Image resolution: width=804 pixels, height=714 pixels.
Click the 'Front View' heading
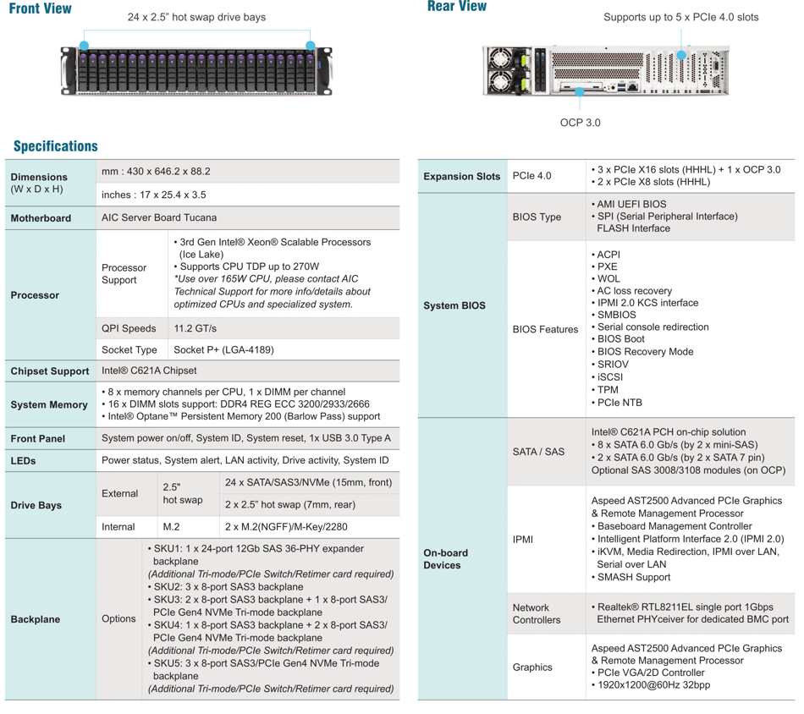(40, 8)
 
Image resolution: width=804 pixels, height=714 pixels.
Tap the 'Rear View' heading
(457, 7)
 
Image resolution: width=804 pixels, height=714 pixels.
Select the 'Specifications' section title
(55, 146)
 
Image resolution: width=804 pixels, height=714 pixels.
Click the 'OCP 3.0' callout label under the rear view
(580, 123)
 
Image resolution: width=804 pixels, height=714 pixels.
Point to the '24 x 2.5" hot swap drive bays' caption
(196, 17)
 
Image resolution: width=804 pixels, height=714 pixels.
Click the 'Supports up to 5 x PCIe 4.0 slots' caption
(680, 17)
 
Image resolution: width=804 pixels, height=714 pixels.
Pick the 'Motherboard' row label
(41, 218)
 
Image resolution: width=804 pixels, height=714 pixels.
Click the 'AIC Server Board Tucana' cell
(159, 218)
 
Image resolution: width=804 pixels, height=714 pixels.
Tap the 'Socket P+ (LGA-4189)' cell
(223, 349)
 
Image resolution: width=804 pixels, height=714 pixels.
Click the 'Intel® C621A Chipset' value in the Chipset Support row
(149, 371)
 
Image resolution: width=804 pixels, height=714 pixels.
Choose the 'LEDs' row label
(23, 461)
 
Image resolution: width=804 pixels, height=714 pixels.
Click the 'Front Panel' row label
(37, 439)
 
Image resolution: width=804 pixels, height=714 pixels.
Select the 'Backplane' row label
(36, 619)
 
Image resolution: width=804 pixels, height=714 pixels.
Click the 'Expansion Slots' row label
(462, 176)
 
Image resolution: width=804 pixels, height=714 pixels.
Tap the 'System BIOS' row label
(454, 305)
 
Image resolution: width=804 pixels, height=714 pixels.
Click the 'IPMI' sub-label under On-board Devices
(523, 539)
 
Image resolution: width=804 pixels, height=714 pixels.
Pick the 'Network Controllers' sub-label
(537, 613)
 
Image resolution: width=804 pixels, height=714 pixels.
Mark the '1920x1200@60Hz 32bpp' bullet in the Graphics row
(653, 684)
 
